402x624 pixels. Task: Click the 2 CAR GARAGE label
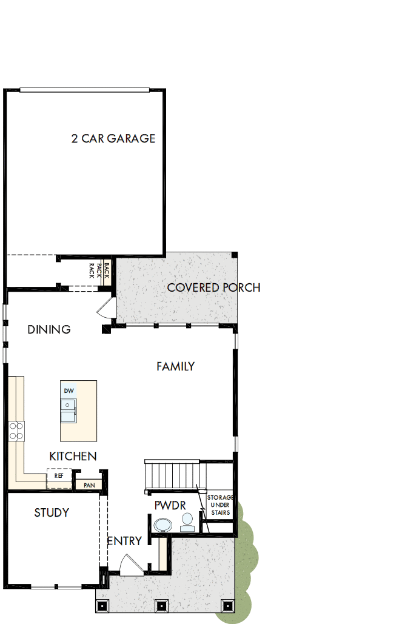113,139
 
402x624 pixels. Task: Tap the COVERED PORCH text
213,287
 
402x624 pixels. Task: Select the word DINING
49,330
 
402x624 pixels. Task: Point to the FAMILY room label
175,366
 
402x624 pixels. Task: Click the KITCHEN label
73,456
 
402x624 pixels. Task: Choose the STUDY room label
52,513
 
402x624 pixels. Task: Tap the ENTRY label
124,541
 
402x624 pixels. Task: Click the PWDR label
170,505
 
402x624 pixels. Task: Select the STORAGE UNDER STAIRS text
219,505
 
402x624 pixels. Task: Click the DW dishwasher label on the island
69,391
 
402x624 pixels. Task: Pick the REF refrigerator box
59,477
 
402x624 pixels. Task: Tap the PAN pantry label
89,485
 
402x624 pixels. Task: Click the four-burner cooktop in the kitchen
16,431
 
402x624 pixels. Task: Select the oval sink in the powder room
162,525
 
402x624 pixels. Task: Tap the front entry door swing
130,565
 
